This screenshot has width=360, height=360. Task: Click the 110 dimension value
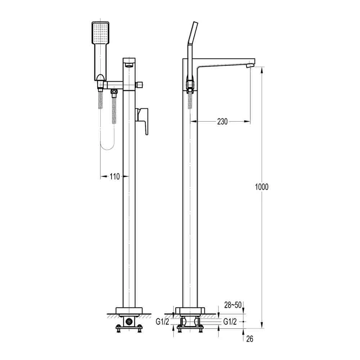tap(114, 176)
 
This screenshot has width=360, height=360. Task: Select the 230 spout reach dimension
tap(222, 122)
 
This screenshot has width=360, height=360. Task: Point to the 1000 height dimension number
tap(261, 187)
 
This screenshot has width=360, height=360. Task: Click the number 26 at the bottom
tap(249, 338)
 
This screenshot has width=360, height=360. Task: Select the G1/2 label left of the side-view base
tap(163, 321)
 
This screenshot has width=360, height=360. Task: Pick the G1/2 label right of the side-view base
tap(230, 321)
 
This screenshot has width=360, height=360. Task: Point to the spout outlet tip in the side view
tap(250, 66)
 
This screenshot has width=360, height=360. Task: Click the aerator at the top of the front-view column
tap(129, 65)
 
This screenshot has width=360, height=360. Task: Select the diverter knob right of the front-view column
tap(139, 85)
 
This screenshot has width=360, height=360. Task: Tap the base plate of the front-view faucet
tap(129, 311)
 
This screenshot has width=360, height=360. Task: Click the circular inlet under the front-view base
tap(129, 321)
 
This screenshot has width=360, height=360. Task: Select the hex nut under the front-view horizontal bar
tap(114, 94)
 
